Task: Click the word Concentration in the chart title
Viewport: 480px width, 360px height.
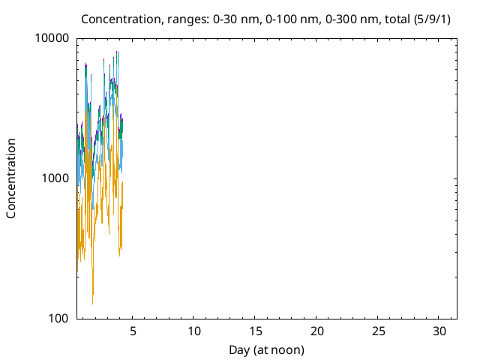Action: click(121, 19)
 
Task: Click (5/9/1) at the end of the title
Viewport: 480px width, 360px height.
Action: click(432, 19)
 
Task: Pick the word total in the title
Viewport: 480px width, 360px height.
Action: click(397, 19)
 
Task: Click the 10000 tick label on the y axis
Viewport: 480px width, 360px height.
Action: click(52, 38)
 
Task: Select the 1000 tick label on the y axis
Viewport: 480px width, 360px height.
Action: click(55, 178)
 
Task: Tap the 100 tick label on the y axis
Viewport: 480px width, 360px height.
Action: click(58, 318)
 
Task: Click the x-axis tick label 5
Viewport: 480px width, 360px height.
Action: click(133, 331)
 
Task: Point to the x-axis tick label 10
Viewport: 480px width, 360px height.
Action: click(193, 331)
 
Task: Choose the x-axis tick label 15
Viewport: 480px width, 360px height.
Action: click(255, 331)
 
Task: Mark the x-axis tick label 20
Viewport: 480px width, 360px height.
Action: click(316, 331)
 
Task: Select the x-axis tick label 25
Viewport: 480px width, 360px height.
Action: click(378, 331)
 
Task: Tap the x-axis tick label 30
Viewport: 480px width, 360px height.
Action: click(439, 331)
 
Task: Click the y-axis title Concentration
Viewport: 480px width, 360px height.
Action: click(11, 178)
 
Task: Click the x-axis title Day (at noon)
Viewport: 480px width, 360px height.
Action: click(267, 350)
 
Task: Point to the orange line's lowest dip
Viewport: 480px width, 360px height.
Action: click(92, 304)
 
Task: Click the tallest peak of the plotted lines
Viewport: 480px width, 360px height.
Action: click(117, 52)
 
